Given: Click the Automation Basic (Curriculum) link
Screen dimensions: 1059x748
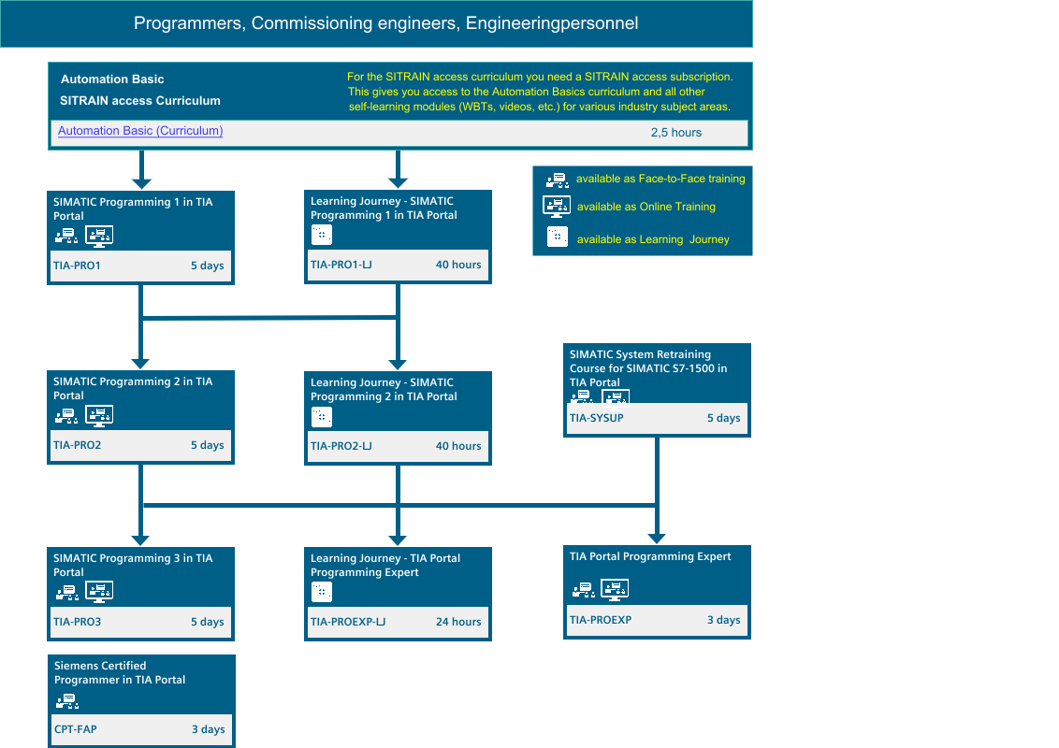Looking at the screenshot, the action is pyautogui.click(x=140, y=131).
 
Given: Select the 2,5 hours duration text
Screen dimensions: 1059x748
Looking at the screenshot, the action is pyautogui.click(x=676, y=133).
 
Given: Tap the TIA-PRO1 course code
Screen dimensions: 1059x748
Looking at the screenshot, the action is pyautogui.click(x=77, y=266).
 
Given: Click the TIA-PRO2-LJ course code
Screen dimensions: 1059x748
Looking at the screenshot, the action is pyautogui.click(x=341, y=446).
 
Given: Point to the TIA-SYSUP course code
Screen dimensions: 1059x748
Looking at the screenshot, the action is pyautogui.click(x=596, y=418).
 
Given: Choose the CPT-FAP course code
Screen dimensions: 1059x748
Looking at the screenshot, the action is pyautogui.click(x=76, y=729).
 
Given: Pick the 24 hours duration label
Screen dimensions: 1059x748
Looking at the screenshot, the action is pyautogui.click(x=458, y=622).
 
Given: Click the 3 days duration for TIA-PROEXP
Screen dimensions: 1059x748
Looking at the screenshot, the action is pyautogui.click(x=723, y=620).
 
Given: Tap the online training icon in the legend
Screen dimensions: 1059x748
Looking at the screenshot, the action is pyautogui.click(x=557, y=207).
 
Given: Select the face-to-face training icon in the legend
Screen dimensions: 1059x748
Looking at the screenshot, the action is pyautogui.click(x=558, y=180).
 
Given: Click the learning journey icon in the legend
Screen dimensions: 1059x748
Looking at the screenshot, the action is pyautogui.click(x=558, y=237).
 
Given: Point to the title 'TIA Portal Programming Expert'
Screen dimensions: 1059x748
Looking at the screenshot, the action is pyautogui.click(x=650, y=557).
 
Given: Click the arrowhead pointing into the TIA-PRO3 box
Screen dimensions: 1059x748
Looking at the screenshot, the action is pyautogui.click(x=140, y=540).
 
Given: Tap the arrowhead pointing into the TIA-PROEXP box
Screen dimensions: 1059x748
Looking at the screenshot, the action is pyautogui.click(x=657, y=538).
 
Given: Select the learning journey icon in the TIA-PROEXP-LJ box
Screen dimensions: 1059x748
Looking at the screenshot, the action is pyautogui.click(x=322, y=592).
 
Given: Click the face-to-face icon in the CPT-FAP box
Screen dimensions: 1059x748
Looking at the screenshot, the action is pyautogui.click(x=66, y=702).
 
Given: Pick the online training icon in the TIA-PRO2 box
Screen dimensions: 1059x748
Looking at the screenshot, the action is pyautogui.click(x=99, y=416).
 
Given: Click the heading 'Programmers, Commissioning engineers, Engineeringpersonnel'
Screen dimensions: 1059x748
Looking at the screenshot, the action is pyautogui.click(x=385, y=23).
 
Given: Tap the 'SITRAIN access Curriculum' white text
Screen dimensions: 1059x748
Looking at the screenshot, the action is pyautogui.click(x=139, y=101).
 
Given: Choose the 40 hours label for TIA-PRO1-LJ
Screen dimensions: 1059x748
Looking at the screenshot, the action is pyautogui.click(x=458, y=265).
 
